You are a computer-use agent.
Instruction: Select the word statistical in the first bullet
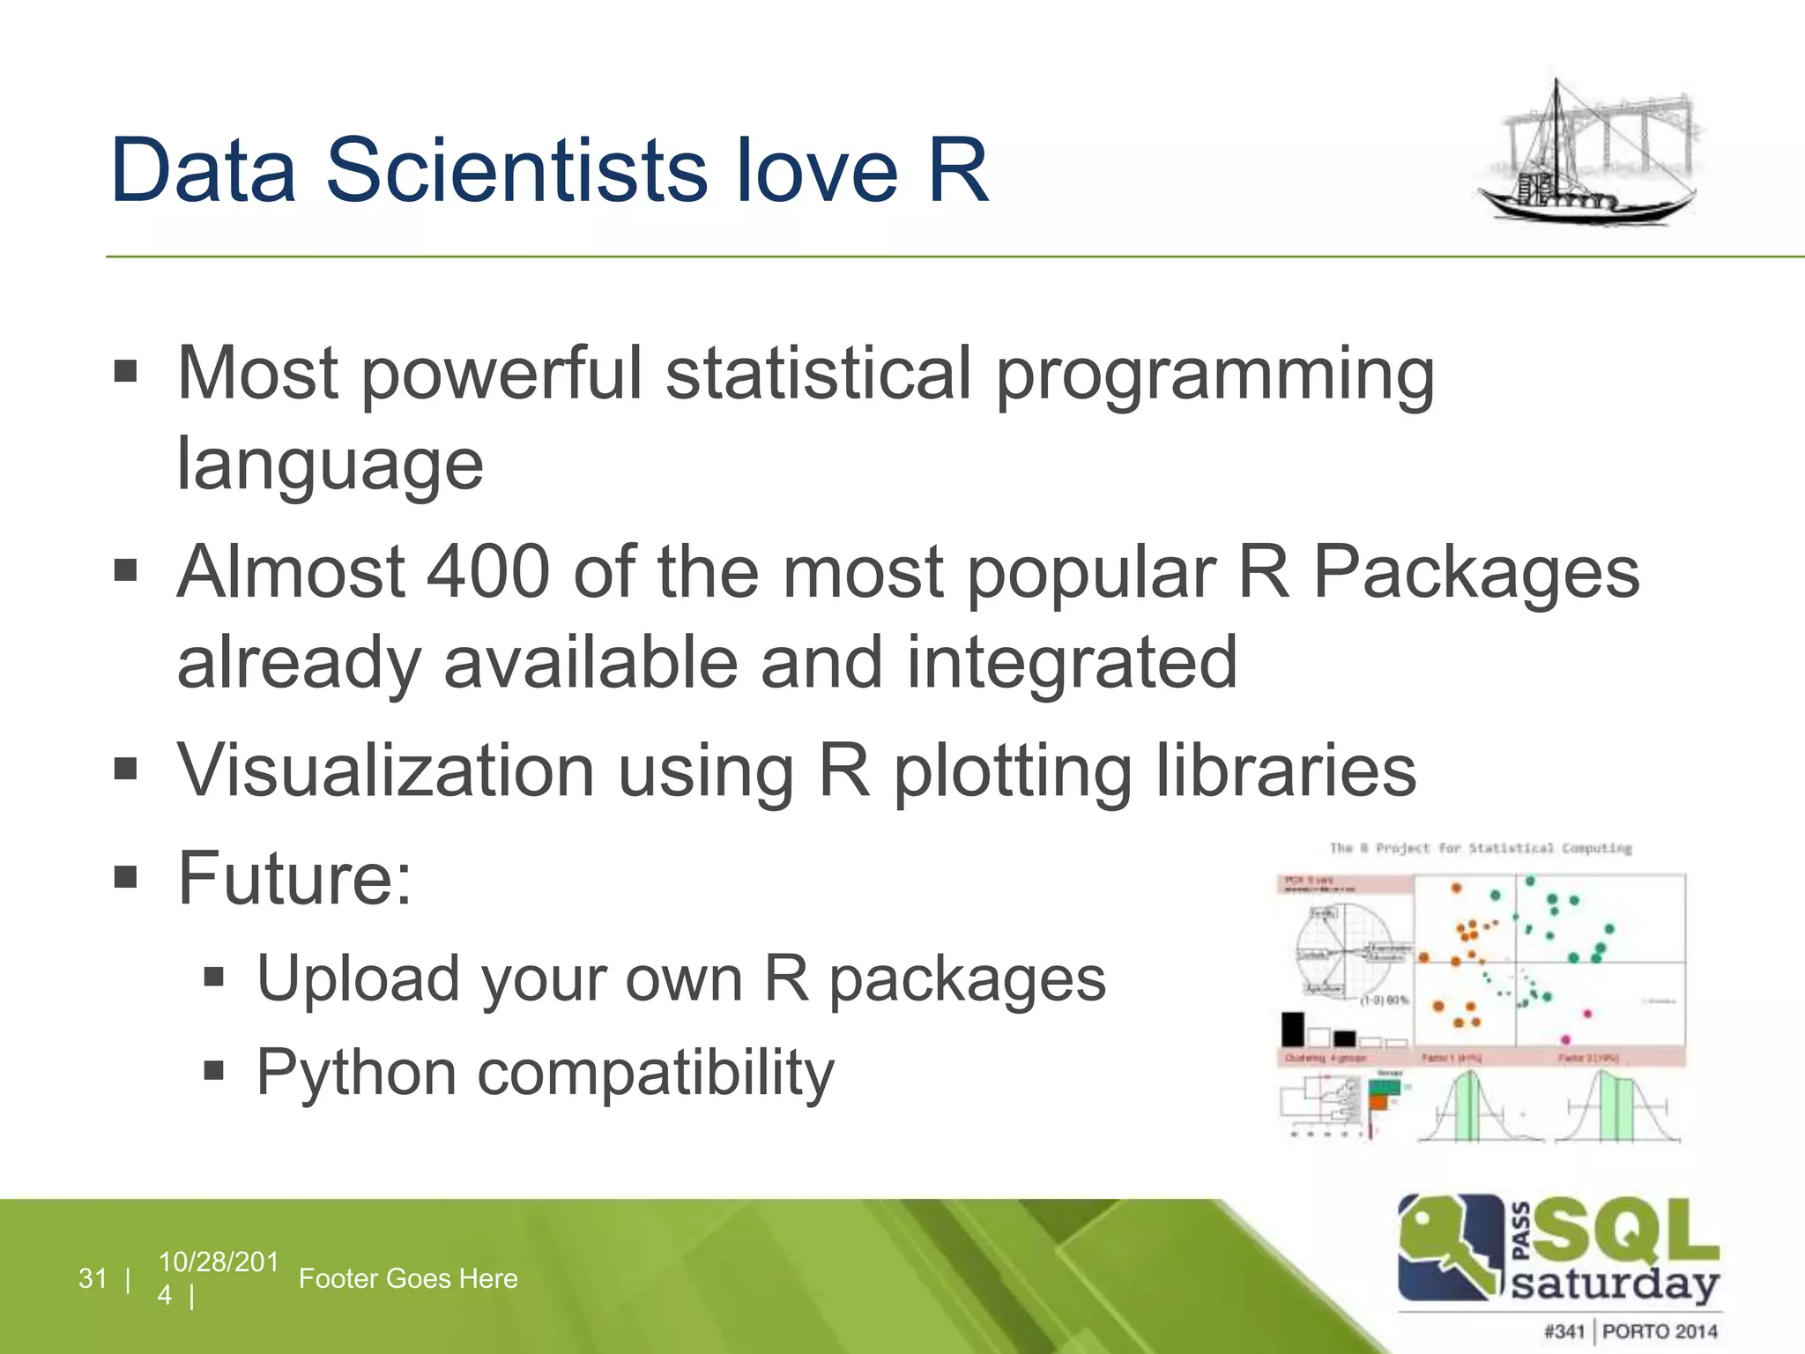pyautogui.click(x=818, y=373)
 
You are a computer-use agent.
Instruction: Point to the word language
pyautogui.click(x=330, y=465)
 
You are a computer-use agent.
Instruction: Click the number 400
pyautogui.click(x=488, y=571)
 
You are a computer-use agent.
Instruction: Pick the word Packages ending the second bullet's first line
pyautogui.click(x=1476, y=573)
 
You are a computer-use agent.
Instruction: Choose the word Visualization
pyautogui.click(x=386, y=770)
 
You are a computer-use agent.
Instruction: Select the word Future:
pyautogui.click(x=294, y=878)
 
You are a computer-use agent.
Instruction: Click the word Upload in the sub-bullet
pyautogui.click(x=358, y=978)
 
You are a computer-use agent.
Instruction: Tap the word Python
pyautogui.click(x=356, y=1073)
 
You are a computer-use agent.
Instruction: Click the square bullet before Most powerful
pyautogui.click(x=126, y=372)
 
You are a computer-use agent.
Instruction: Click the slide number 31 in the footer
pyautogui.click(x=93, y=1278)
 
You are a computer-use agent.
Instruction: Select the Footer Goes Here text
pyautogui.click(x=408, y=1278)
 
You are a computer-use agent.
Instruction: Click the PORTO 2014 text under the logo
pyautogui.click(x=1660, y=1331)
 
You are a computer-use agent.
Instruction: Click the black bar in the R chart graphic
pyautogui.click(x=1292, y=1028)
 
